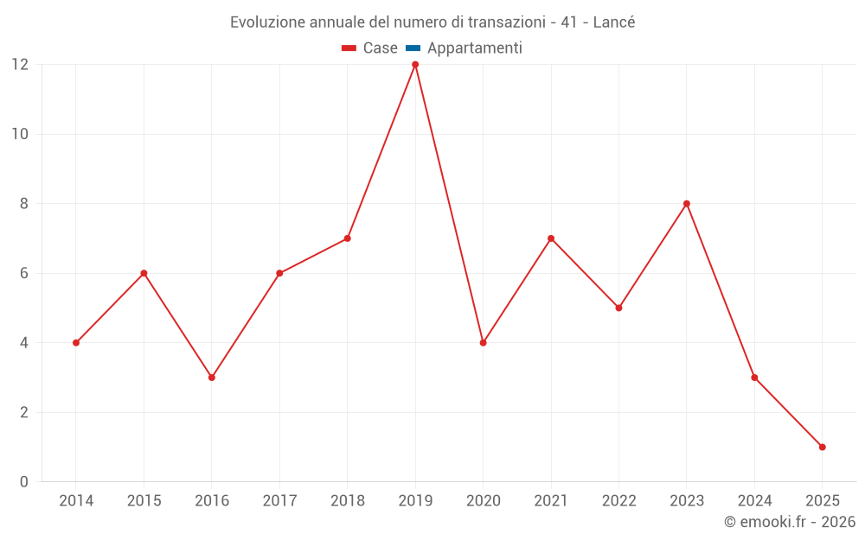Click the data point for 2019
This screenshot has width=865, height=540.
(415, 65)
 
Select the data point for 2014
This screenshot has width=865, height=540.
(76, 343)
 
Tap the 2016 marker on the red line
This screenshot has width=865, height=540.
(212, 378)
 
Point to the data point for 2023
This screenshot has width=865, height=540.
(687, 204)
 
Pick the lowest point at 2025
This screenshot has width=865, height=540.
(822, 447)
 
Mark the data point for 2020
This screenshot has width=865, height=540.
(483, 343)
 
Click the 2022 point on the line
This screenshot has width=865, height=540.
(618, 308)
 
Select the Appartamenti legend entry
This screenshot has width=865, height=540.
(474, 48)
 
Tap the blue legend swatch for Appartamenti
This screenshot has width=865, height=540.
(413, 48)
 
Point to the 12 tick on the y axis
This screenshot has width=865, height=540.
(20, 65)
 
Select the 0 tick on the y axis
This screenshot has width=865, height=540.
(24, 482)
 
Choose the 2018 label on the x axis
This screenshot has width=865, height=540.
(348, 501)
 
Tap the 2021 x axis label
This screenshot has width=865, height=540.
(551, 501)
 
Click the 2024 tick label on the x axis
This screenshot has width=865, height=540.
(754, 501)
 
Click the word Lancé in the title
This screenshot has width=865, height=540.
(614, 22)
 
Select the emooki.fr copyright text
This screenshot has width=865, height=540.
(790, 522)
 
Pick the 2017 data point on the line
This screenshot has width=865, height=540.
(279, 273)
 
